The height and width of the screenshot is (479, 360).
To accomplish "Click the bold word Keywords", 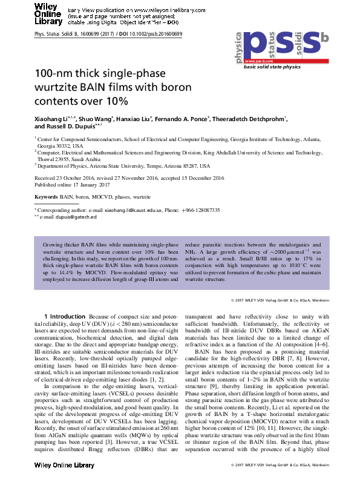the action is [x=47, y=197].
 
